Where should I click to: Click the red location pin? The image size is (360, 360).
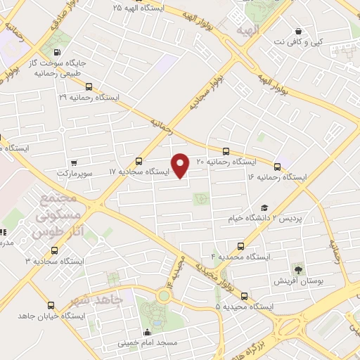[x=181, y=166]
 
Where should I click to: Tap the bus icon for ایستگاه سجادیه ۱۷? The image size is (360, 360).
[x=139, y=161]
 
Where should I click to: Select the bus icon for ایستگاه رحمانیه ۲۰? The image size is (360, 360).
[x=226, y=151]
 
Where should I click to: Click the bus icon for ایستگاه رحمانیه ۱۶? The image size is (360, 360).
[x=277, y=167]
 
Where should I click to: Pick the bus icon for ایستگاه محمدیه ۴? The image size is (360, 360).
[x=242, y=247]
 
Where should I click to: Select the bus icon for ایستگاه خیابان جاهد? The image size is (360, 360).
[x=51, y=305]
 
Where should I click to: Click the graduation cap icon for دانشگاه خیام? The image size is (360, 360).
[x=264, y=207]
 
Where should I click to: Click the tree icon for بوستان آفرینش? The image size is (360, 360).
[x=298, y=269]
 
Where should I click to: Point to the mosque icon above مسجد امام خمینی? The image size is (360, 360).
[x=147, y=333]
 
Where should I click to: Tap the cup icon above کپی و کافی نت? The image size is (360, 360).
[x=300, y=31]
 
